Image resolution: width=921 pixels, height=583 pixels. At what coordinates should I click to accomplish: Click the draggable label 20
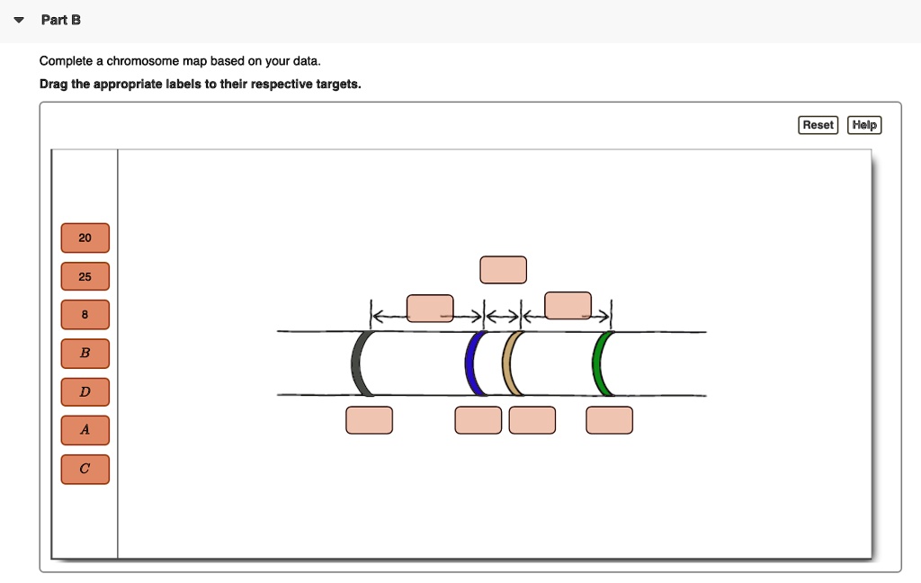click(85, 238)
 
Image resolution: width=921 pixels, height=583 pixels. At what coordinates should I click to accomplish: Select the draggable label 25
click(85, 277)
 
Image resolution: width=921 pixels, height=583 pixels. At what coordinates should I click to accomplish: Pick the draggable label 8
click(85, 315)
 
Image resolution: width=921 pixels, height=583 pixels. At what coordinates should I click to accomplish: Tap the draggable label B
click(85, 354)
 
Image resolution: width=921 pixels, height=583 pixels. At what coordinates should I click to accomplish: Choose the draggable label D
click(85, 392)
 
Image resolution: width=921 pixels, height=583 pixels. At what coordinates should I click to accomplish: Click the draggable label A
click(85, 430)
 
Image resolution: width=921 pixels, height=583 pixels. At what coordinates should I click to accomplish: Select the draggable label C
click(85, 469)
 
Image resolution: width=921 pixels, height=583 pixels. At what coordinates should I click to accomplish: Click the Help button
click(864, 125)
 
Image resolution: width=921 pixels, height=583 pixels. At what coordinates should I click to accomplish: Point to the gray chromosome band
click(360, 363)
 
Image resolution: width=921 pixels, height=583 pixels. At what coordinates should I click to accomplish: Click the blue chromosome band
click(471, 363)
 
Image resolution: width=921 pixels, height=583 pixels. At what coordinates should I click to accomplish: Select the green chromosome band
click(599, 363)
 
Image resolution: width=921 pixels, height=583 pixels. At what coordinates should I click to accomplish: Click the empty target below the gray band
click(369, 420)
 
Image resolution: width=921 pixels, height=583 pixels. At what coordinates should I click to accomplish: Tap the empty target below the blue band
click(478, 420)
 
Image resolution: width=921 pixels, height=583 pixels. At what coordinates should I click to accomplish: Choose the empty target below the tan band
click(532, 420)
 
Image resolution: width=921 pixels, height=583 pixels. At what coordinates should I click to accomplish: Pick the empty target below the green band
click(609, 420)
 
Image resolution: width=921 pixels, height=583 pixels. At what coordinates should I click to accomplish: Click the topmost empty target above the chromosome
click(503, 270)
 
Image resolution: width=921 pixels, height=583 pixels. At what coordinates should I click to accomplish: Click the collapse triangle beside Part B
click(21, 20)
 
